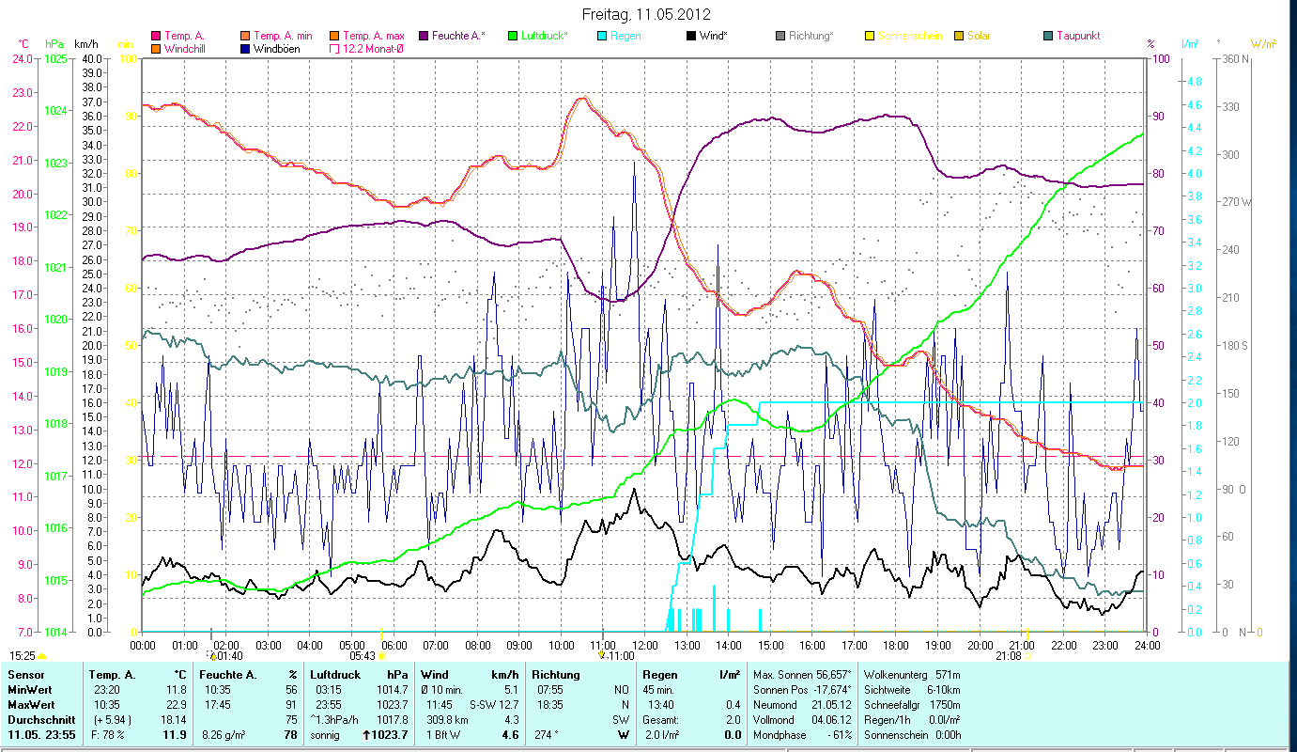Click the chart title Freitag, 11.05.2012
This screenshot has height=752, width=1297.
pos(646,14)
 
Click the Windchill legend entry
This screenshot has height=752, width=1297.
pos(185,48)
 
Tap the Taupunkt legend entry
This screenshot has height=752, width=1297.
pos(1077,36)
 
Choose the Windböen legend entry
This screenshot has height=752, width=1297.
pos(276,48)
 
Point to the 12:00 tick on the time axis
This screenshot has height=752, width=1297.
pos(645,645)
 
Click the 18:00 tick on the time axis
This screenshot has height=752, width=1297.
pos(896,645)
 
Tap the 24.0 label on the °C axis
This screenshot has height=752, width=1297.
pos(22,58)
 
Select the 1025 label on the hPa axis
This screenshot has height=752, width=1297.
pos(55,58)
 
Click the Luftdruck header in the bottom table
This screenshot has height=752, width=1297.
pos(335,674)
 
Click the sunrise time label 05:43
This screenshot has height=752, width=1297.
pos(363,656)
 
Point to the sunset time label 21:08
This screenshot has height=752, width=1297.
pos(1009,656)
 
